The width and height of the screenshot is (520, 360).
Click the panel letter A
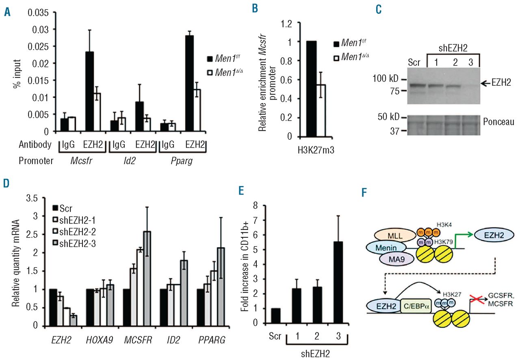pos(7,13)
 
